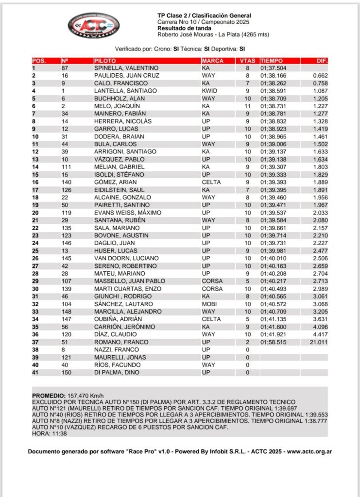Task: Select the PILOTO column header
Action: click(104, 61)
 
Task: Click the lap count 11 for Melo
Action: click(247, 106)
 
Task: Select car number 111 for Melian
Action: click(66, 166)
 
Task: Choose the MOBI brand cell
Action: click(209, 304)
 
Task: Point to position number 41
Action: click(35, 372)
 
